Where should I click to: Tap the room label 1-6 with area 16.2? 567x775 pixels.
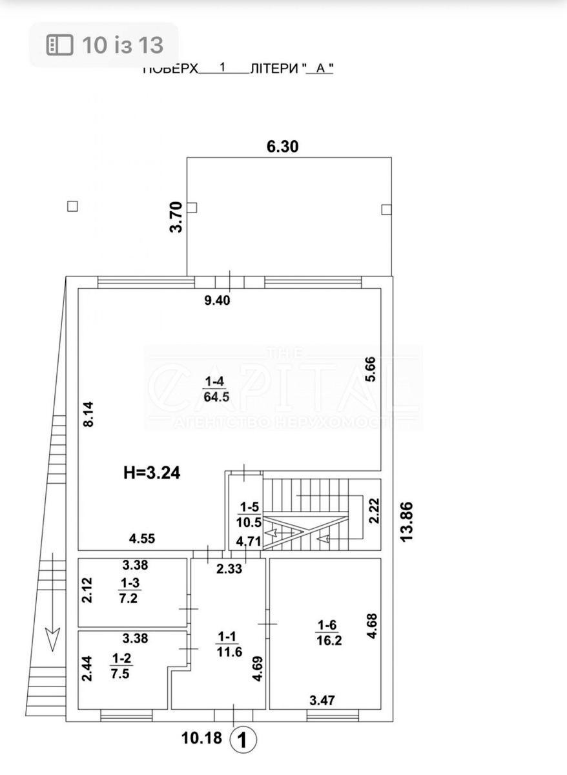coord(325,631)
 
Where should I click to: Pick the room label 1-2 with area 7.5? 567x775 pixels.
coord(120,665)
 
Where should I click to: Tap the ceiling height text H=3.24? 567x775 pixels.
coord(152,473)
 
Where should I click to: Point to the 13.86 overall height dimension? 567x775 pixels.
coord(406,522)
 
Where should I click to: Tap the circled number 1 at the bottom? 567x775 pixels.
coord(243,740)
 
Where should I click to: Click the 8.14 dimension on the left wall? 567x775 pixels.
coord(89,414)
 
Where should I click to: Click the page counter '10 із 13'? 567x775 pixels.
coord(104,45)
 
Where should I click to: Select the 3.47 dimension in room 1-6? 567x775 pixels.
coord(323,699)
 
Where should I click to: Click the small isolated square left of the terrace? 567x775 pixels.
coord(72,206)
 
